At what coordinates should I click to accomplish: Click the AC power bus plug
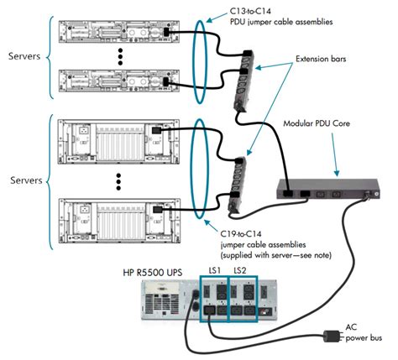point(333,336)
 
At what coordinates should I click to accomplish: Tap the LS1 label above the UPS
point(215,270)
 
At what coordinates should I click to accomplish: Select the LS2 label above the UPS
point(240,270)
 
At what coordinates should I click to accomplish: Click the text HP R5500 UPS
point(153,273)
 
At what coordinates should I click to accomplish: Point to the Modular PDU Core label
point(317,123)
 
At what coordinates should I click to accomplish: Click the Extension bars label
point(321,59)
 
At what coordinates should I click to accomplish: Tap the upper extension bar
point(243,81)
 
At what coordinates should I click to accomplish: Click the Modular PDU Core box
point(328,189)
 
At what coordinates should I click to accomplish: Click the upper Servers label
point(24,56)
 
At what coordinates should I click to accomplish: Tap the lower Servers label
point(26,180)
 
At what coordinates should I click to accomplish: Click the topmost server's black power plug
point(166,32)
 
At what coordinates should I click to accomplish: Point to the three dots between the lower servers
point(118,182)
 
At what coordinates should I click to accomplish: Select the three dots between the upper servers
point(120,57)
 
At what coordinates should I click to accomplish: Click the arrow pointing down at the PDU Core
point(335,154)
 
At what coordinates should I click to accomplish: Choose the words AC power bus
point(364,332)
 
